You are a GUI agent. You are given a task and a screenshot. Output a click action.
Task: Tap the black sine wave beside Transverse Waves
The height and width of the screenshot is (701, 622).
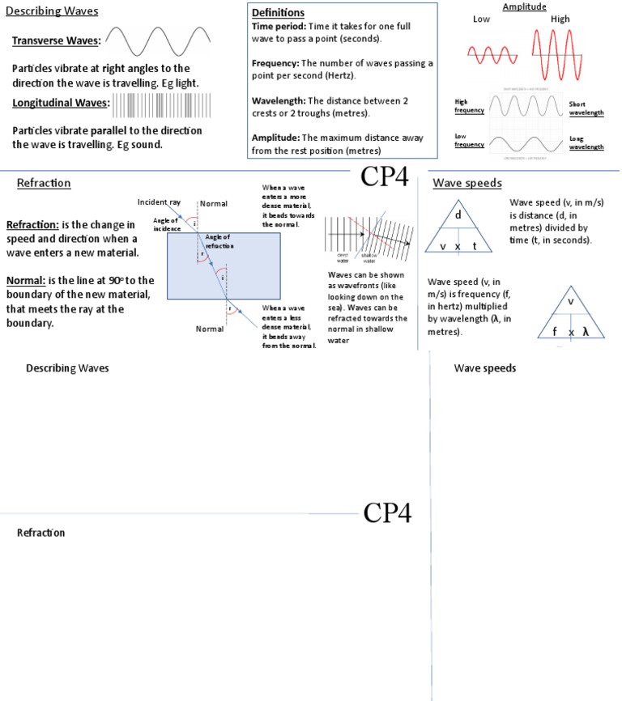tap(159, 40)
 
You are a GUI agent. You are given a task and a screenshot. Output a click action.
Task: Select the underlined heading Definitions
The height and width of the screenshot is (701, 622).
tap(278, 13)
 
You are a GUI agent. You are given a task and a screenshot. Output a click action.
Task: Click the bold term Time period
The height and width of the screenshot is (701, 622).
tap(278, 27)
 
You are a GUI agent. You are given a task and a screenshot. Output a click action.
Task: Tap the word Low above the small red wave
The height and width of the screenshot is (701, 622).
tap(482, 19)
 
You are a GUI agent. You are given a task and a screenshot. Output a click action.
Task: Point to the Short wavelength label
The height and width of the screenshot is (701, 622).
tap(586, 108)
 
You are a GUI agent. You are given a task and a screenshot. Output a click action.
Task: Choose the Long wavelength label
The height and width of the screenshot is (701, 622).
tap(586, 142)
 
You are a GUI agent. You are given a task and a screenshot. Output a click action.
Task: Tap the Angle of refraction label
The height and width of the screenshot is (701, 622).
tap(219, 240)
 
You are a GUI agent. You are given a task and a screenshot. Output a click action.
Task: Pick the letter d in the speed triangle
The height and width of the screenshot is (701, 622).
tap(458, 215)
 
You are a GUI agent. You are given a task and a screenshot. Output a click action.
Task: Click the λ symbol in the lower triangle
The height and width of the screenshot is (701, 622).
tap(585, 332)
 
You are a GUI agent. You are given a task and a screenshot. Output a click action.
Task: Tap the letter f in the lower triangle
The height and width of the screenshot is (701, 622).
tap(556, 332)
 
